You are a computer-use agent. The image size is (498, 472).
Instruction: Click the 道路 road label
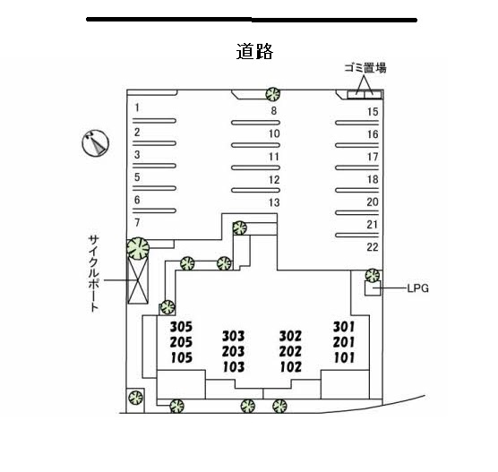254,51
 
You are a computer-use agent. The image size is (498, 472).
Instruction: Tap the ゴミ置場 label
365,68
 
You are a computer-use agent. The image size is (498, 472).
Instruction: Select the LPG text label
418,288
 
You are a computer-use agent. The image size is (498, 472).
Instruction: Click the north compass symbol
96,143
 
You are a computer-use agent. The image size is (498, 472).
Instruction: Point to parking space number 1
137,107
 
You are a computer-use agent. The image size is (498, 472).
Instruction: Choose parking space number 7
137,223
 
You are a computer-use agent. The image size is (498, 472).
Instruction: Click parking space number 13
274,202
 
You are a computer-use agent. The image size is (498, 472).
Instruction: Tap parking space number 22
373,247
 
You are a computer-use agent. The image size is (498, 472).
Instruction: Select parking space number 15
373,111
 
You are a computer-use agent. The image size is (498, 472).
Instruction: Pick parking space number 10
274,133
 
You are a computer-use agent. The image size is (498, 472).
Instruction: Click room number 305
181,327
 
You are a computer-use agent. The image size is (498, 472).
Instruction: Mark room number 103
234,367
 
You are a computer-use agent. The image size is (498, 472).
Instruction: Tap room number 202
290,351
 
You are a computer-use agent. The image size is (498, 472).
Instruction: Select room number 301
344,327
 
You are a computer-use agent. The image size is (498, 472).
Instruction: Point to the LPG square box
373,288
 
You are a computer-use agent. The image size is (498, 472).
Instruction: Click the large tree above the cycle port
138,248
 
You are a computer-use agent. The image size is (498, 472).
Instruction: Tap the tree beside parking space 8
272,94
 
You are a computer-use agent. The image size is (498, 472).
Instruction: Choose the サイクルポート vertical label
93,273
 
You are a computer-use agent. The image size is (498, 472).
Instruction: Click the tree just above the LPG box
373,275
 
